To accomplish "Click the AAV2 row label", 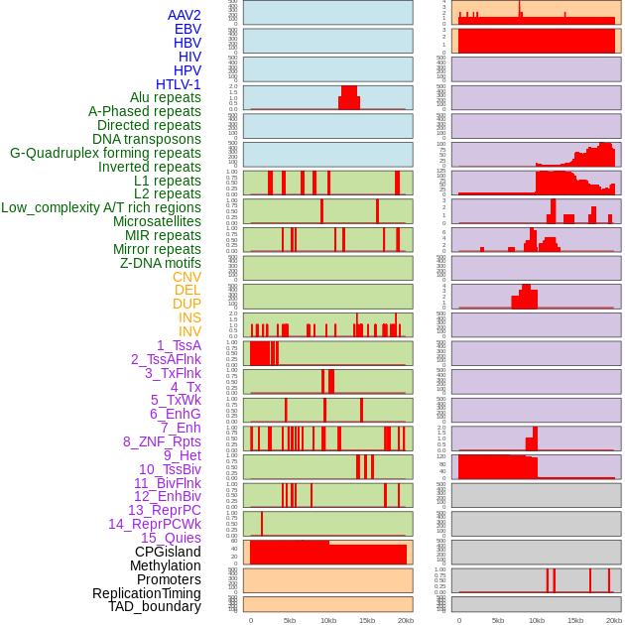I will tap(184, 15).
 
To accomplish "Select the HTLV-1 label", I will tap(178, 84).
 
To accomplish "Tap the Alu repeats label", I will tap(165, 97).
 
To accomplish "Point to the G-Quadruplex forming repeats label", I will tap(105, 153).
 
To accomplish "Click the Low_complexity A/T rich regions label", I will tap(100, 207).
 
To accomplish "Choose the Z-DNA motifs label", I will tap(160, 263).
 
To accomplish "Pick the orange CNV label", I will tap(187, 277).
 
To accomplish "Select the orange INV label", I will tap(189, 331).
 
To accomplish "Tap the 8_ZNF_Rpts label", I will tap(162, 441).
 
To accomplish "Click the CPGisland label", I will tap(168, 552).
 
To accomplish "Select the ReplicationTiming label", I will tap(147, 593).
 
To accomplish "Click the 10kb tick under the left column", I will tap(327, 620).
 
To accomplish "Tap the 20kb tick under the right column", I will tap(613, 620).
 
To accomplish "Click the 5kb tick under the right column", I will tap(498, 620).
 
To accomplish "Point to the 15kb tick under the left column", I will tap(366, 620).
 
